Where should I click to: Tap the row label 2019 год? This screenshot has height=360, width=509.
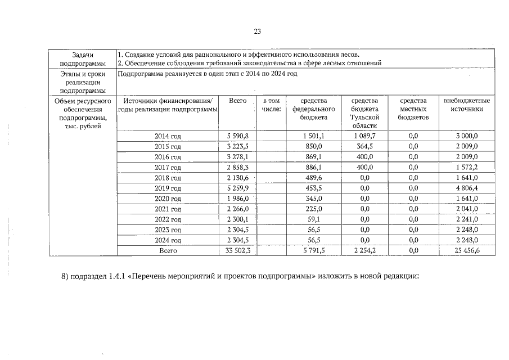[x=168, y=188]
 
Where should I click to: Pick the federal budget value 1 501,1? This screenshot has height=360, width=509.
[x=313, y=136]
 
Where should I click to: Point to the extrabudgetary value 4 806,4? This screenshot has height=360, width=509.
[x=467, y=188]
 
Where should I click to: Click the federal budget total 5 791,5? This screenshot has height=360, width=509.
[x=313, y=251]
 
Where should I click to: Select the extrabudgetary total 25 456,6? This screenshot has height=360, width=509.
[x=467, y=251]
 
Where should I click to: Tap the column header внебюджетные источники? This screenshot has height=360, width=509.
[x=467, y=105]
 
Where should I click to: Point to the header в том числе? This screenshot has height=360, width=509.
[x=271, y=105]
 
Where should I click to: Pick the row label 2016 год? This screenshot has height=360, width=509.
[x=168, y=157]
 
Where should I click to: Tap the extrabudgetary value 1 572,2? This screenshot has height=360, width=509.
[x=467, y=168]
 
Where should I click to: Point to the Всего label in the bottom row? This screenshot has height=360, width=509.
[x=168, y=251]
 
